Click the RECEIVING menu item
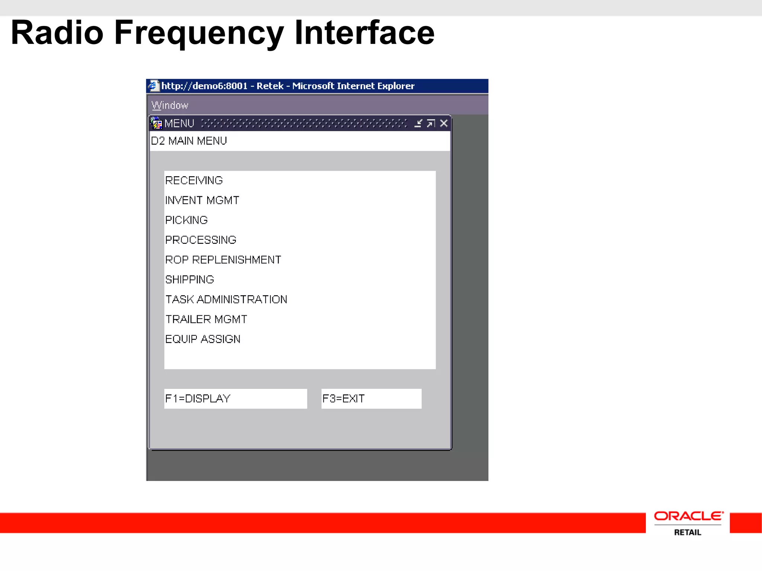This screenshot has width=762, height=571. (x=194, y=181)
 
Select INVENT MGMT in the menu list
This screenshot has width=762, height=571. (x=202, y=200)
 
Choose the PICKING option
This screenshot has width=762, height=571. (x=186, y=220)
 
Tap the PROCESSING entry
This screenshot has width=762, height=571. (x=201, y=240)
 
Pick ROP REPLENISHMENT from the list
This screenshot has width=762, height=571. (x=223, y=260)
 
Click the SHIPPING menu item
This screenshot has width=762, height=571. (x=189, y=280)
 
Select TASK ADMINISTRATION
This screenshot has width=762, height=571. (x=226, y=299)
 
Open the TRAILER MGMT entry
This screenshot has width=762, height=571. (x=206, y=319)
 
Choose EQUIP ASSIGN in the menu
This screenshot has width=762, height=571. (x=203, y=339)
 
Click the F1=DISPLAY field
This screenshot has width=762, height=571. (x=235, y=399)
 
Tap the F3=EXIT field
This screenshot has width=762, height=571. (x=371, y=399)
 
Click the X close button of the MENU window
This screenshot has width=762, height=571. (x=444, y=123)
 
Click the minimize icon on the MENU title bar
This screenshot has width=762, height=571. (x=418, y=123)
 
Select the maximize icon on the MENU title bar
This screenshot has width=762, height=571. (x=431, y=123)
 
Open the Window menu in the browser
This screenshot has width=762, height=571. (x=170, y=106)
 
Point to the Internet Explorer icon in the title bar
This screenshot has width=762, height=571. (x=153, y=86)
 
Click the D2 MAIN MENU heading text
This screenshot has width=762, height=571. (x=189, y=141)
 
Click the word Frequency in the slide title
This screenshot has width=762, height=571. (x=199, y=33)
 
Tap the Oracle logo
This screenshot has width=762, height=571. (x=688, y=516)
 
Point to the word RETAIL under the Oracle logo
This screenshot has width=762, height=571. (x=688, y=532)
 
